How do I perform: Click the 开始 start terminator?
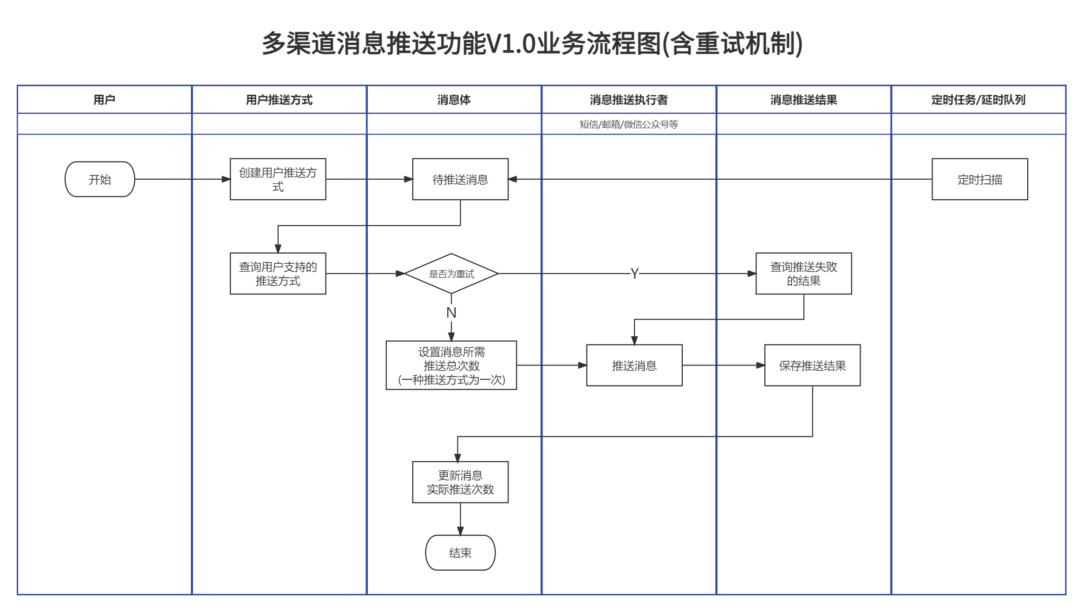[100, 179]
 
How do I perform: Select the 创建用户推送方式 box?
[278, 179]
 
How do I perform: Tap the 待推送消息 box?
[460, 179]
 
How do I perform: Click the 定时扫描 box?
[979, 179]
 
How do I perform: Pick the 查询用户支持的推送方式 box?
[278, 273]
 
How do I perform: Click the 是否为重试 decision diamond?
[451, 273]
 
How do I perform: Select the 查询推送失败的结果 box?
[803, 273]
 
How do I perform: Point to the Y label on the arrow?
[634, 273]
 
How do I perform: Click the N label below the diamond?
[451, 313]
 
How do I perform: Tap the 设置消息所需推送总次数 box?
[451, 365]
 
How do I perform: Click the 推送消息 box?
[634, 365]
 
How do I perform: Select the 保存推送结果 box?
[812, 365]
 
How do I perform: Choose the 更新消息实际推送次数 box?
[460, 482]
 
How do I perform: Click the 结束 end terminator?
[460, 553]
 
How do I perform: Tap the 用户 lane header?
[104, 100]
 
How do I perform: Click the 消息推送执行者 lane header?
[629, 100]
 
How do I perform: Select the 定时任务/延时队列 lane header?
[978, 100]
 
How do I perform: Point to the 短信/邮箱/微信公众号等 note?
[629, 124]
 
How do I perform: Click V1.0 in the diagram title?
[511, 44]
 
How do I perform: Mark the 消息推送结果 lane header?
[803, 100]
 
